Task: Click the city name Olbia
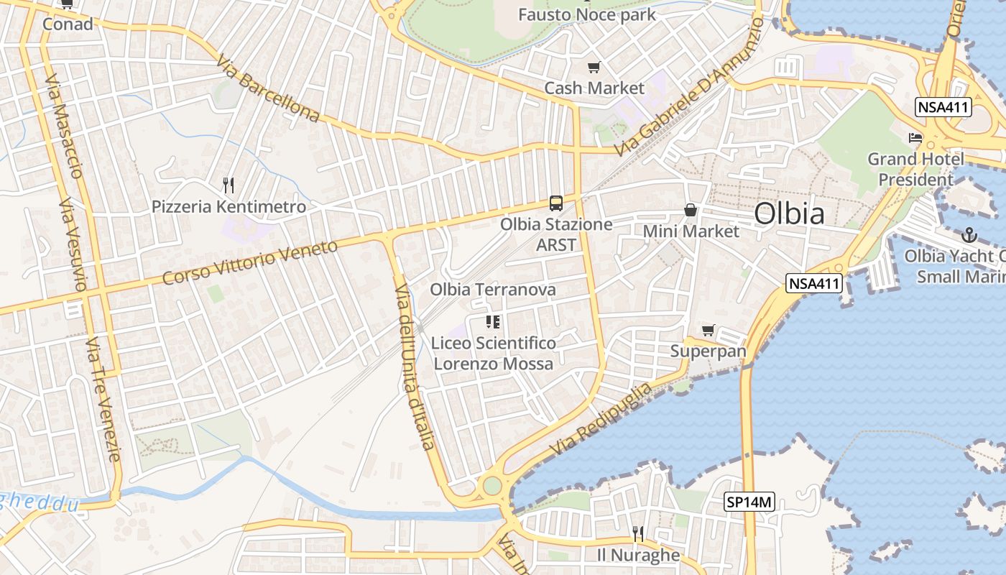789,214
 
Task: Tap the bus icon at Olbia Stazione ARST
555,203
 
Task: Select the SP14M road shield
749,502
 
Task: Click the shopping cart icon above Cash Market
594,68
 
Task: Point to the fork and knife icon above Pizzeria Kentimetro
229,185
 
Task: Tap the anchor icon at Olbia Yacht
969,235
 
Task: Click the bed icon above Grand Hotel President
915,138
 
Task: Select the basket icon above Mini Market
690,210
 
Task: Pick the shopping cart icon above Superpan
708,331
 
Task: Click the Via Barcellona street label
267,89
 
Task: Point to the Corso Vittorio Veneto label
250,262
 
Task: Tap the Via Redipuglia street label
602,419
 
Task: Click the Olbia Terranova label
493,290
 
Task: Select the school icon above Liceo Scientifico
493,322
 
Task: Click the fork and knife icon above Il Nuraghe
637,533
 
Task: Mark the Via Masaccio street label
65,125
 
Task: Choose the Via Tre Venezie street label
103,400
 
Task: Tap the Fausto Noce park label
587,14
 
